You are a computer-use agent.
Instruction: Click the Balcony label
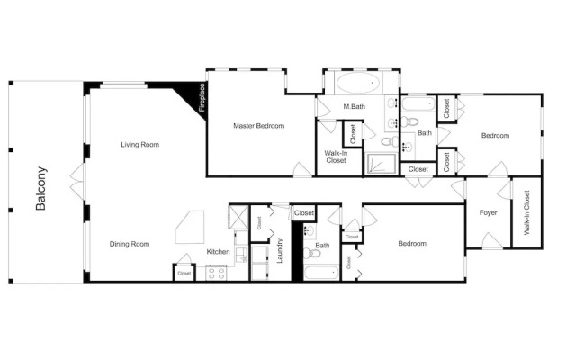click(40, 188)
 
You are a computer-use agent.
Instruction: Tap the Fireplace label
click(202, 98)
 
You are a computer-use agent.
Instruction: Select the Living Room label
click(140, 145)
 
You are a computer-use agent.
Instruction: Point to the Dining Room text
click(130, 244)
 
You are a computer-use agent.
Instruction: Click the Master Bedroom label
click(258, 126)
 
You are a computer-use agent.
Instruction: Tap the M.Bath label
click(354, 106)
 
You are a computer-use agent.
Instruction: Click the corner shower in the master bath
click(382, 164)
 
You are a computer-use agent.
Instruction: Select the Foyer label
click(488, 212)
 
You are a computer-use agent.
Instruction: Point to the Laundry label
click(280, 251)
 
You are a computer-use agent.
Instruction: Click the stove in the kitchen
click(216, 273)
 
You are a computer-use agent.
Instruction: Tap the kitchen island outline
click(190, 227)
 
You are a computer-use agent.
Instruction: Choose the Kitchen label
click(218, 252)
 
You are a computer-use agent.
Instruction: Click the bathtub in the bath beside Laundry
click(322, 273)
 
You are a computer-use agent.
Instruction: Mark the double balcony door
click(77, 182)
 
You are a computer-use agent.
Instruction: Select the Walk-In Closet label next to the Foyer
click(526, 212)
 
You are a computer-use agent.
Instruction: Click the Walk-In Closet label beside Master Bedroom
click(336, 157)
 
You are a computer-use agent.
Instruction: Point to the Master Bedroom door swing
click(302, 169)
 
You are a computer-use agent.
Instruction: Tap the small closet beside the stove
click(184, 273)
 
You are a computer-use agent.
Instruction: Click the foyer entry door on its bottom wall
click(492, 240)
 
